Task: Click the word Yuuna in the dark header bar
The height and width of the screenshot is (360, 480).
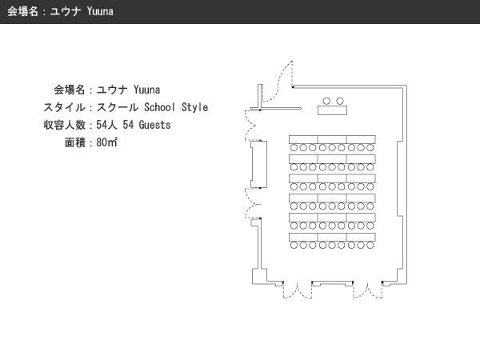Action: click(100, 11)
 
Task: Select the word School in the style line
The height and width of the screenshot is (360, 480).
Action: click(159, 107)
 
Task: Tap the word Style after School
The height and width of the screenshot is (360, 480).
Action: click(194, 107)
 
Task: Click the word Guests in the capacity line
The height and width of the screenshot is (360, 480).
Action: click(154, 125)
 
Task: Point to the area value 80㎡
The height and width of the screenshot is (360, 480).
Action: click(106, 142)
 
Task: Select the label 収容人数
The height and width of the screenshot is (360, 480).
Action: click(64, 125)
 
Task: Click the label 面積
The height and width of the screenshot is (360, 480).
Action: click(75, 142)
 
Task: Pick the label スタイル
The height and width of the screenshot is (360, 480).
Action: click(64, 107)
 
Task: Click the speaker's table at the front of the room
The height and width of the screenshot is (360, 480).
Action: click(332, 110)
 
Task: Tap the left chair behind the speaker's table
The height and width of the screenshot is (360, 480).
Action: click(326, 101)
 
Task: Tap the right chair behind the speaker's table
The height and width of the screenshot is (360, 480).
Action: click(340, 101)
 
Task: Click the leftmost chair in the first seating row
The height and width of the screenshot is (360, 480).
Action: click(294, 148)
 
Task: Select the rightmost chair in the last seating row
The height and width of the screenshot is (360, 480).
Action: click(370, 246)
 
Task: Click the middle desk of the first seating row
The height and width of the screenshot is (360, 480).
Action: click(332, 139)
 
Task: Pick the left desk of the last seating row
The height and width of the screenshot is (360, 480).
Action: click(303, 237)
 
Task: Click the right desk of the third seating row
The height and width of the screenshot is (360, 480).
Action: click(362, 178)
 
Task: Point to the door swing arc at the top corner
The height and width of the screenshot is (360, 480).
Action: click(278, 83)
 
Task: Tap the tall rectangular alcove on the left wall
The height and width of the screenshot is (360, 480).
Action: click(259, 164)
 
